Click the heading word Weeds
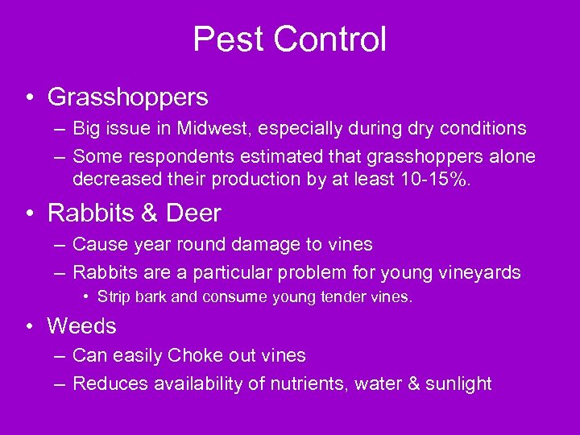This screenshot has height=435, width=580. pyautogui.click(x=81, y=326)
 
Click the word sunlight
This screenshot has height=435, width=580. pyautogui.click(x=458, y=383)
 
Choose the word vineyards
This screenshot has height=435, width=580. pyautogui.click(x=480, y=272)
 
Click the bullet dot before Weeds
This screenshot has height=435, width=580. pyautogui.click(x=29, y=327)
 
